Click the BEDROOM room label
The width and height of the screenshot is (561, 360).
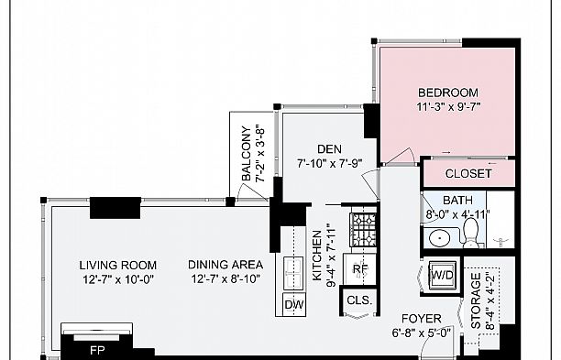[448, 93]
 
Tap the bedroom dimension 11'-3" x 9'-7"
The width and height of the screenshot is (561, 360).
[448, 106]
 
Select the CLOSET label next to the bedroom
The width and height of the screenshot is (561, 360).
[468, 173]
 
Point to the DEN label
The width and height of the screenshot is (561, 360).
[329, 149]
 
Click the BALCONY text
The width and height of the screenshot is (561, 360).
[247, 153]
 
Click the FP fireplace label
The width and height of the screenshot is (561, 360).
[96, 349]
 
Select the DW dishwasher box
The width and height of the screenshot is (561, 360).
[294, 304]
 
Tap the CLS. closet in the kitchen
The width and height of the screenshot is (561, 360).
[356, 300]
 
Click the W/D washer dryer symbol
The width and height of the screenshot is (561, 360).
[442, 274]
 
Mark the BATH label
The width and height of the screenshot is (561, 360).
[457, 201]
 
